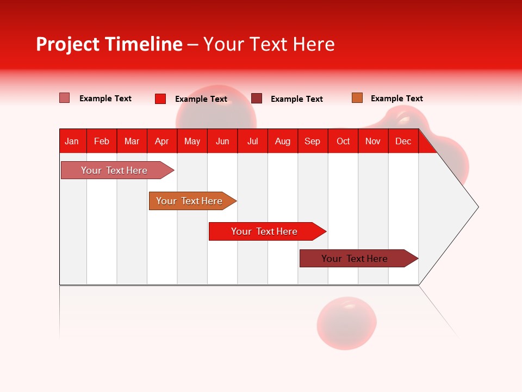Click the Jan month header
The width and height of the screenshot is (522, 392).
pos(72,141)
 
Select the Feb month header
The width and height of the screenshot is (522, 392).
pos(102,141)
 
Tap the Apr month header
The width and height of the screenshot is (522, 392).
pos(162,141)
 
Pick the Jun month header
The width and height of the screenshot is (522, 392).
pos(222,141)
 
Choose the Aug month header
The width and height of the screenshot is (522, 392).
pos(283,141)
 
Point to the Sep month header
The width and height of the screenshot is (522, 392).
pos(313,141)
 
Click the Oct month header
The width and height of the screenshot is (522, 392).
pos(343,141)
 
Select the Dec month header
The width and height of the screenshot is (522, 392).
pos(403,141)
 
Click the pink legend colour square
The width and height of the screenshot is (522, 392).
pos(65,98)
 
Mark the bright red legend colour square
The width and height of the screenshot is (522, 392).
pos(160,99)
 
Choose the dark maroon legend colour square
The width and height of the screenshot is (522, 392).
pos(257,99)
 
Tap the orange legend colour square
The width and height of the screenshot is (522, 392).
pos(357,98)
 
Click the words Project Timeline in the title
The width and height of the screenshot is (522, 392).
pos(109,44)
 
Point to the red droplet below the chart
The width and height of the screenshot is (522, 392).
pos(346,322)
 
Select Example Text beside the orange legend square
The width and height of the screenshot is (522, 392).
pos(396,99)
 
